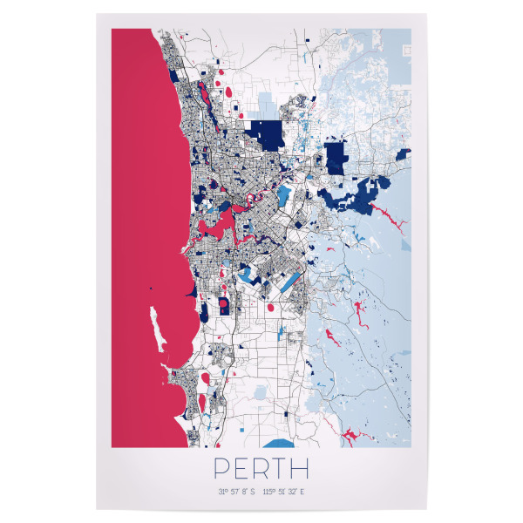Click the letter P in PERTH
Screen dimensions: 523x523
pos(221,469)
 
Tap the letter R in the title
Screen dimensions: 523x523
pos(262,469)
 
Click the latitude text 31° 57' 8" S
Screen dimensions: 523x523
pos(237,492)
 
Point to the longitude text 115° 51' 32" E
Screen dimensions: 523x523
pos(287,492)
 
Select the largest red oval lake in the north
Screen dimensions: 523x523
pos(227,91)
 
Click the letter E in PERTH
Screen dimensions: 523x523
pos(241,469)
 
